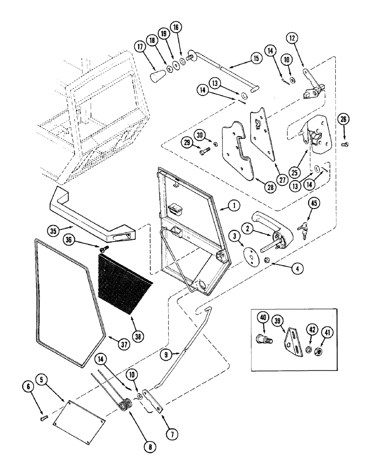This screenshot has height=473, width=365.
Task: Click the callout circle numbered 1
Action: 232,206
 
